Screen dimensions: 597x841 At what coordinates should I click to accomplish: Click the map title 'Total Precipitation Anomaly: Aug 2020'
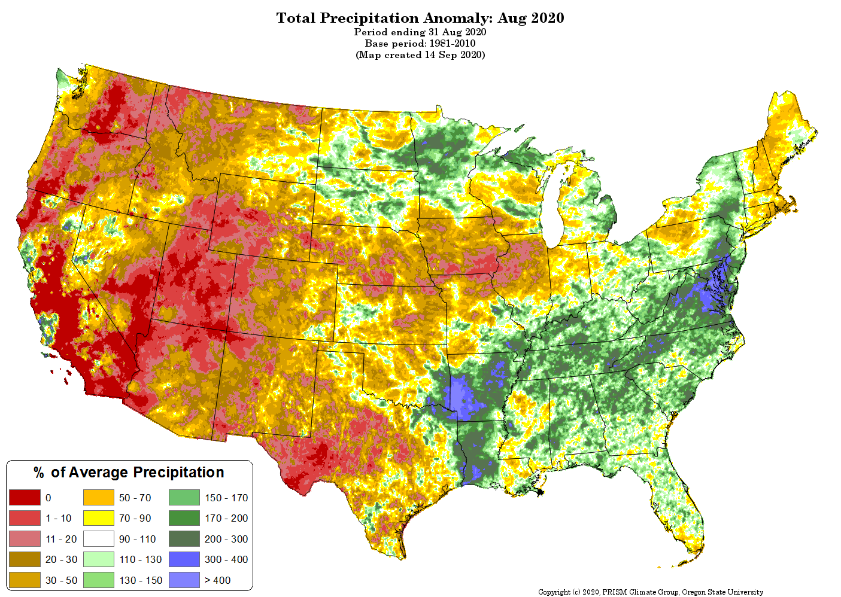pyautogui.click(x=420, y=18)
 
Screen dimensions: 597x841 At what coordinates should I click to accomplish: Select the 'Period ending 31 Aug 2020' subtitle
pyautogui.click(x=420, y=32)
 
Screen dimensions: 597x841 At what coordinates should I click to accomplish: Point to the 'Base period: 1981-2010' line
pyautogui.click(x=420, y=44)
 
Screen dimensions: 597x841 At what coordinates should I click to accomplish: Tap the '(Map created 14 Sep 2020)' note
pyautogui.click(x=420, y=55)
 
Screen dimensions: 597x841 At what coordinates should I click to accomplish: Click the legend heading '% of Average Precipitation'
pyautogui.click(x=129, y=473)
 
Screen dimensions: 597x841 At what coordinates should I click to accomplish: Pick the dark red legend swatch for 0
pyautogui.click(x=25, y=498)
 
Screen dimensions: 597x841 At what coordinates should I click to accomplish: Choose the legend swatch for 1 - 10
pyautogui.click(x=25, y=518)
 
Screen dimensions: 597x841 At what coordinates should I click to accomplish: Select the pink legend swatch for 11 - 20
pyautogui.click(x=25, y=539)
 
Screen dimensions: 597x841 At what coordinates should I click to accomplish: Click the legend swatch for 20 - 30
pyautogui.click(x=25, y=559)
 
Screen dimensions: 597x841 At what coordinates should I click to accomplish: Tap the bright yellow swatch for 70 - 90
pyautogui.click(x=98, y=518)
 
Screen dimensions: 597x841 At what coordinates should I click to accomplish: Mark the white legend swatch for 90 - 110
pyautogui.click(x=98, y=539)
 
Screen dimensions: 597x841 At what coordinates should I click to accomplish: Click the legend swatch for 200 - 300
pyautogui.click(x=184, y=539)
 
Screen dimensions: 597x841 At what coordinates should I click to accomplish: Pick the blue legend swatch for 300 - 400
pyautogui.click(x=184, y=559)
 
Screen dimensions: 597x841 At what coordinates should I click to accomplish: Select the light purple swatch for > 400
pyautogui.click(x=184, y=580)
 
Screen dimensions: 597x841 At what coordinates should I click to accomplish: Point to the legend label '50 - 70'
pyautogui.click(x=135, y=498)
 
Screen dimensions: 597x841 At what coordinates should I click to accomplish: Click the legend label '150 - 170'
pyautogui.click(x=226, y=498)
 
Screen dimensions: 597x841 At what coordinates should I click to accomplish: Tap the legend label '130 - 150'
pyautogui.click(x=141, y=580)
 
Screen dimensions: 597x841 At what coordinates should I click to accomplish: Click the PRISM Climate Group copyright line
pyautogui.click(x=650, y=592)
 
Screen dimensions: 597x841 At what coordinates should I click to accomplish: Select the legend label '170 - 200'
pyautogui.click(x=226, y=518)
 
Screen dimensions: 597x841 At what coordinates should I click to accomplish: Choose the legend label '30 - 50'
pyautogui.click(x=61, y=580)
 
